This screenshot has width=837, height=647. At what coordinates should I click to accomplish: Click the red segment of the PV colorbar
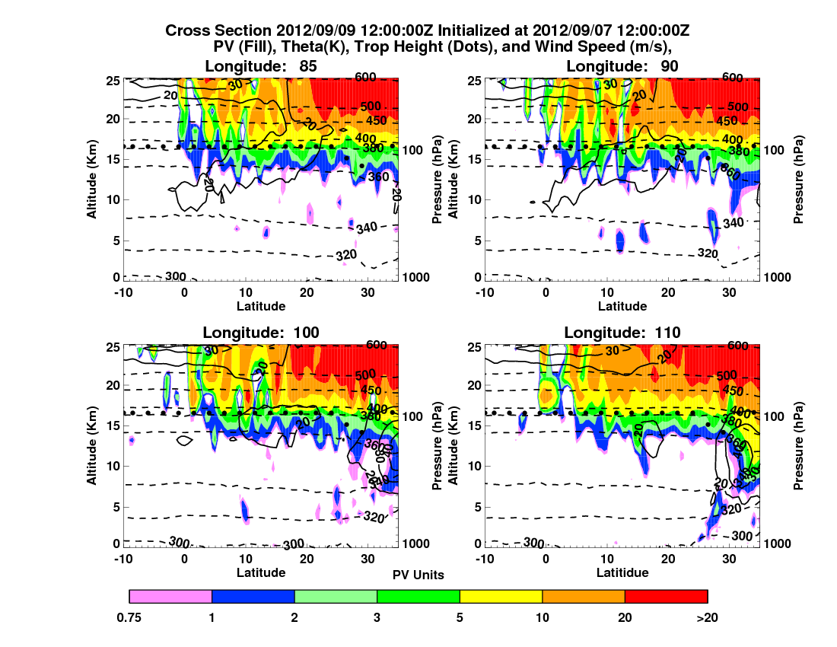click(x=666, y=596)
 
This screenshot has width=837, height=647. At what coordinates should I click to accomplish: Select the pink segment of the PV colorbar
click(x=170, y=596)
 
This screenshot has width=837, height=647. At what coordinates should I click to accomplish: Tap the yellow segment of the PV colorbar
click(x=501, y=596)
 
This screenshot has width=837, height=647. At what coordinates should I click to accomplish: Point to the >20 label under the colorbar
click(x=707, y=617)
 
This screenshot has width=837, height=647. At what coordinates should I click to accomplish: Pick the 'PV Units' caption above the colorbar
click(x=418, y=575)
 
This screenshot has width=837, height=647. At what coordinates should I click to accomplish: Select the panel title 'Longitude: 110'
click(x=622, y=332)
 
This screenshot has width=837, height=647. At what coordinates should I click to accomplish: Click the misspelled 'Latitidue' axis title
click(x=622, y=572)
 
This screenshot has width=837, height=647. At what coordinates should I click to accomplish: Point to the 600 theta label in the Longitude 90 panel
click(x=732, y=78)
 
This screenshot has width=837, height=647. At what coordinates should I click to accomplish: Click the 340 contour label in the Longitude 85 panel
click(x=367, y=227)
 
